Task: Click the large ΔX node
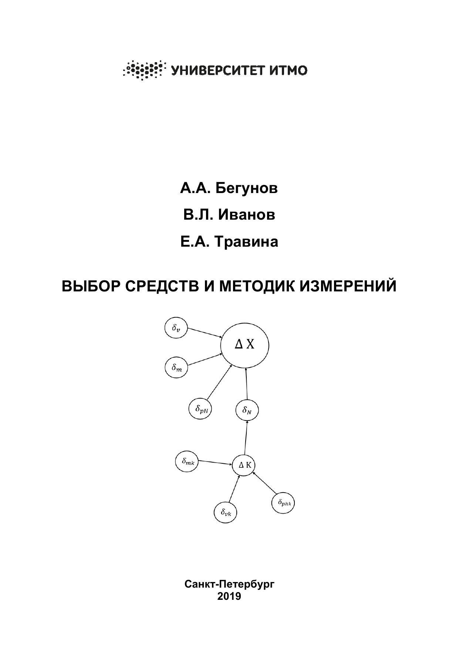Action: click(x=244, y=345)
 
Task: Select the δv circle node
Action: click(x=176, y=328)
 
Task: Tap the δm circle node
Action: click(x=176, y=367)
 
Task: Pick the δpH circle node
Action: click(x=200, y=409)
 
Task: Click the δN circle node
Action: click(x=247, y=410)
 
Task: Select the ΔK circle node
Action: click(x=244, y=465)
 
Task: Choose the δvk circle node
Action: click(x=226, y=512)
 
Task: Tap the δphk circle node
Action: click(x=283, y=503)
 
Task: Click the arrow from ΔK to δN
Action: click(x=246, y=437)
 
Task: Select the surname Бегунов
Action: click(x=247, y=188)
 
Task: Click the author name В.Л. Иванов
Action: click(x=229, y=215)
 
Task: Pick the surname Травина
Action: click(x=247, y=242)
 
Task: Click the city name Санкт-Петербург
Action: click(x=229, y=584)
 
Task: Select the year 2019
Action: click(x=229, y=596)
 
